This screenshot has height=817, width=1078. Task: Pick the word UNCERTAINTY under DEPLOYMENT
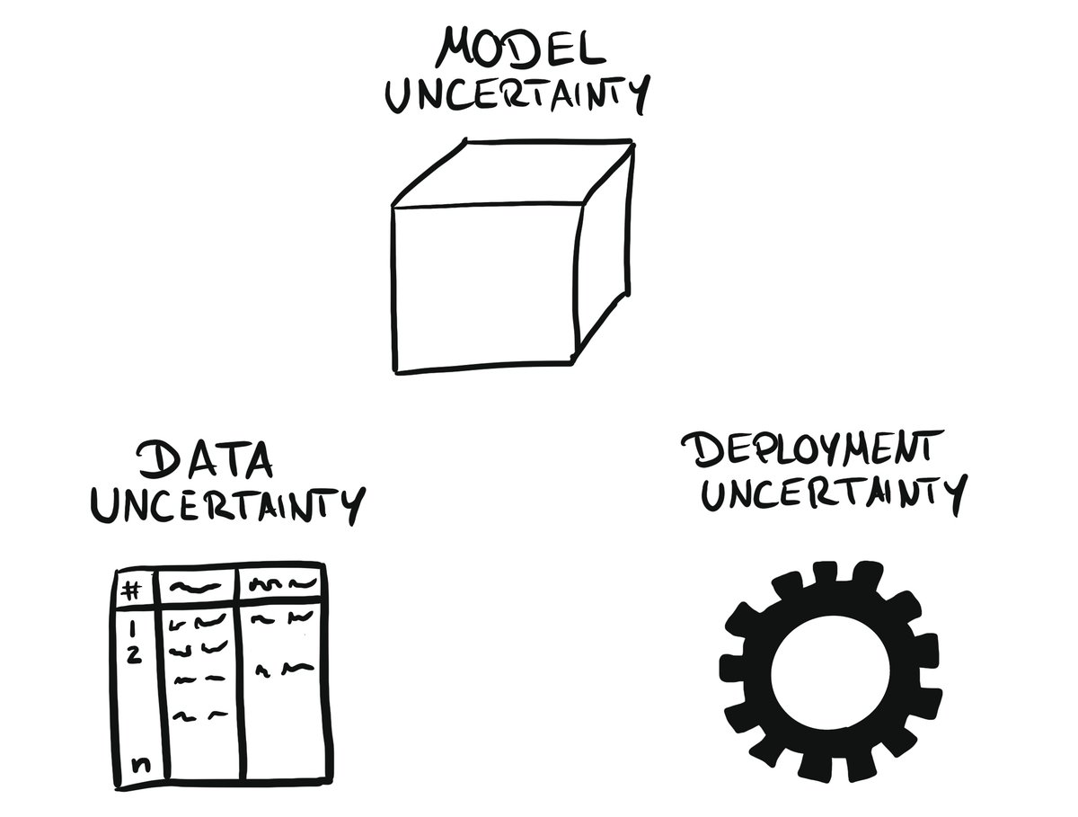click(834, 493)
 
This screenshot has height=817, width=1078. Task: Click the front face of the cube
click(483, 286)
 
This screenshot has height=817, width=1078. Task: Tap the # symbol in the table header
click(132, 590)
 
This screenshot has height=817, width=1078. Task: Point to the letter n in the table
click(139, 765)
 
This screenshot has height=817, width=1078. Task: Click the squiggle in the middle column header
click(194, 588)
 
